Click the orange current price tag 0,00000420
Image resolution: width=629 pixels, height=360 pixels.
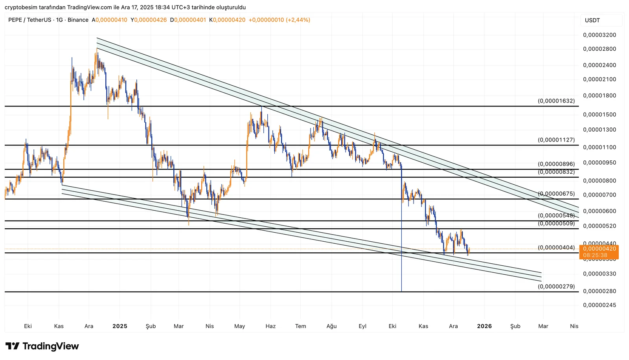pyautogui.click(x=599, y=249)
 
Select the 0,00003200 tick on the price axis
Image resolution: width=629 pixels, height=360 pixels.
pyautogui.click(x=600, y=35)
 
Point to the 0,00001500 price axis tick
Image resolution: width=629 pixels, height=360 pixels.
pyautogui.click(x=600, y=114)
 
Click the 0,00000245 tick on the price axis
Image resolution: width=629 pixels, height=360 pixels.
pyautogui.click(x=600, y=305)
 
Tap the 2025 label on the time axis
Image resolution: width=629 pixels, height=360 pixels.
pyautogui.click(x=120, y=326)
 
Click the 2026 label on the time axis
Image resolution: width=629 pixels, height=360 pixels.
pyautogui.click(x=484, y=326)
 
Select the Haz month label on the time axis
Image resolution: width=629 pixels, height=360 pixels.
pyautogui.click(x=270, y=326)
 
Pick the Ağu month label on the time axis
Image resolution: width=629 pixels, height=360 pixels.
pyautogui.click(x=331, y=326)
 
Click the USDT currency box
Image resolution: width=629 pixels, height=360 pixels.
pyautogui.click(x=592, y=20)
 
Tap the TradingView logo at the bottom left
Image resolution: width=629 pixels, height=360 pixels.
pyautogui.click(x=42, y=346)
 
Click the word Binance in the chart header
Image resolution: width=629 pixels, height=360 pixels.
pyautogui.click(x=78, y=20)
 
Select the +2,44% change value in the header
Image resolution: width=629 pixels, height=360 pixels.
pyautogui.click(x=298, y=20)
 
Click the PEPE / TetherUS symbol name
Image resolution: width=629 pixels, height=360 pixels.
pyautogui.click(x=29, y=20)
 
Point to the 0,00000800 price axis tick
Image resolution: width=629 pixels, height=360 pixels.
pyautogui.click(x=600, y=181)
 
